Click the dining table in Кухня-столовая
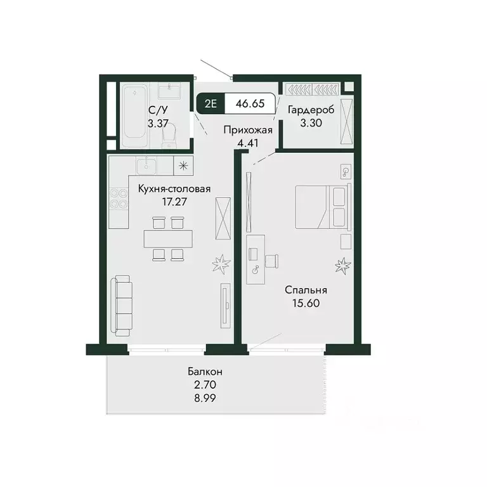click(x=168, y=238)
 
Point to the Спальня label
click(x=306, y=290)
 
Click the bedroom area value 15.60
click(x=306, y=303)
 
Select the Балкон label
click(x=204, y=372)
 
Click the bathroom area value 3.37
click(x=157, y=124)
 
